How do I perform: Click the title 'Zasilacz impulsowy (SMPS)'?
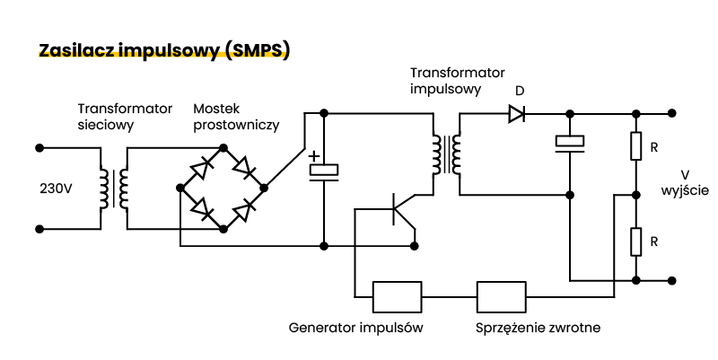tap(164, 49)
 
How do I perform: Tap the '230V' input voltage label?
tap(56, 189)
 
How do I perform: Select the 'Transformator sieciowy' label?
tap(124, 117)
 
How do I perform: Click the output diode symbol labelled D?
tap(517, 114)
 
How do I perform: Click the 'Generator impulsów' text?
tap(355, 328)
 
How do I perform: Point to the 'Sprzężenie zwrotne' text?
tap(538, 328)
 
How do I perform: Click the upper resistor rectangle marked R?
tap(635, 146)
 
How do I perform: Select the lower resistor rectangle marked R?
tap(635, 241)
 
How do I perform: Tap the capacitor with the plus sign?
tap(323, 169)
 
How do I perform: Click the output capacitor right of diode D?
tap(569, 142)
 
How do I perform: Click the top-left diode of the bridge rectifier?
tap(205, 167)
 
